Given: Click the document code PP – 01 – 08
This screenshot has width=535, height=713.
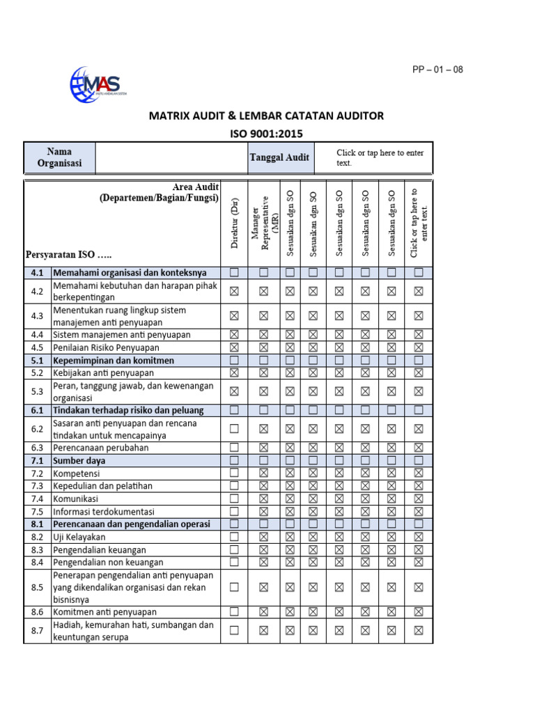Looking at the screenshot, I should [437, 70].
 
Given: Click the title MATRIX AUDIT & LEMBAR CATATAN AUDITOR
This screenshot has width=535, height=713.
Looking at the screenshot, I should [266, 116].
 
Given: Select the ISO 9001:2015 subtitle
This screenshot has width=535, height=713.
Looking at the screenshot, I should [266, 134].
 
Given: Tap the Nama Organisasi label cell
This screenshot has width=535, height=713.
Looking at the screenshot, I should [59, 157].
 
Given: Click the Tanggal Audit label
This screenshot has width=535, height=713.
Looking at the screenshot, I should [279, 157].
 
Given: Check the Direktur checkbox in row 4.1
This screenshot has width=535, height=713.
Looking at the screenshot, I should [234, 272].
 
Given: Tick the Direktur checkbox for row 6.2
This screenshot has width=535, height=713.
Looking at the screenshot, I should [234, 430].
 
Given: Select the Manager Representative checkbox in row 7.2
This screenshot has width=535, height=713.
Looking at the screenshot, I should [263, 473].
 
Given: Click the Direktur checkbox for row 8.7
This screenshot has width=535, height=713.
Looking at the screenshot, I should [234, 631].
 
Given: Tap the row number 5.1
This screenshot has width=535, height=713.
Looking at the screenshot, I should [38, 361].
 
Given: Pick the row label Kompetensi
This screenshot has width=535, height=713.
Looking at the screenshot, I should [78, 473].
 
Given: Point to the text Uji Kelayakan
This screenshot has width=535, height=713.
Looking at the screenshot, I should [79, 537].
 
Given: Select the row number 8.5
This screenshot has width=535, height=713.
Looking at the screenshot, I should [38, 587].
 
